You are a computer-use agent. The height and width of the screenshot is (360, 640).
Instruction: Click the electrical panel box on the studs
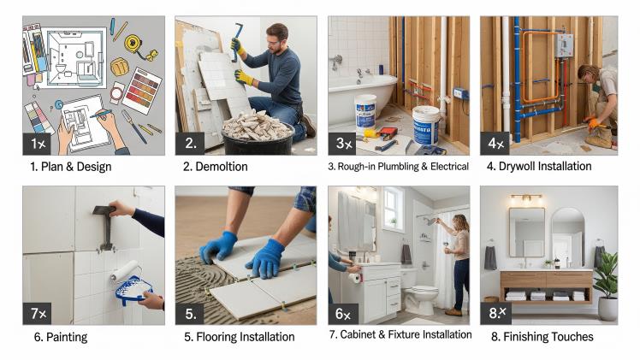coord(563,44)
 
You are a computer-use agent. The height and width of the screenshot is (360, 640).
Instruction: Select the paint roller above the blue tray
coord(126,272)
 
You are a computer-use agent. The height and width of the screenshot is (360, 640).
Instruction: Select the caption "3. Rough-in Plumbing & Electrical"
coord(398,166)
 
